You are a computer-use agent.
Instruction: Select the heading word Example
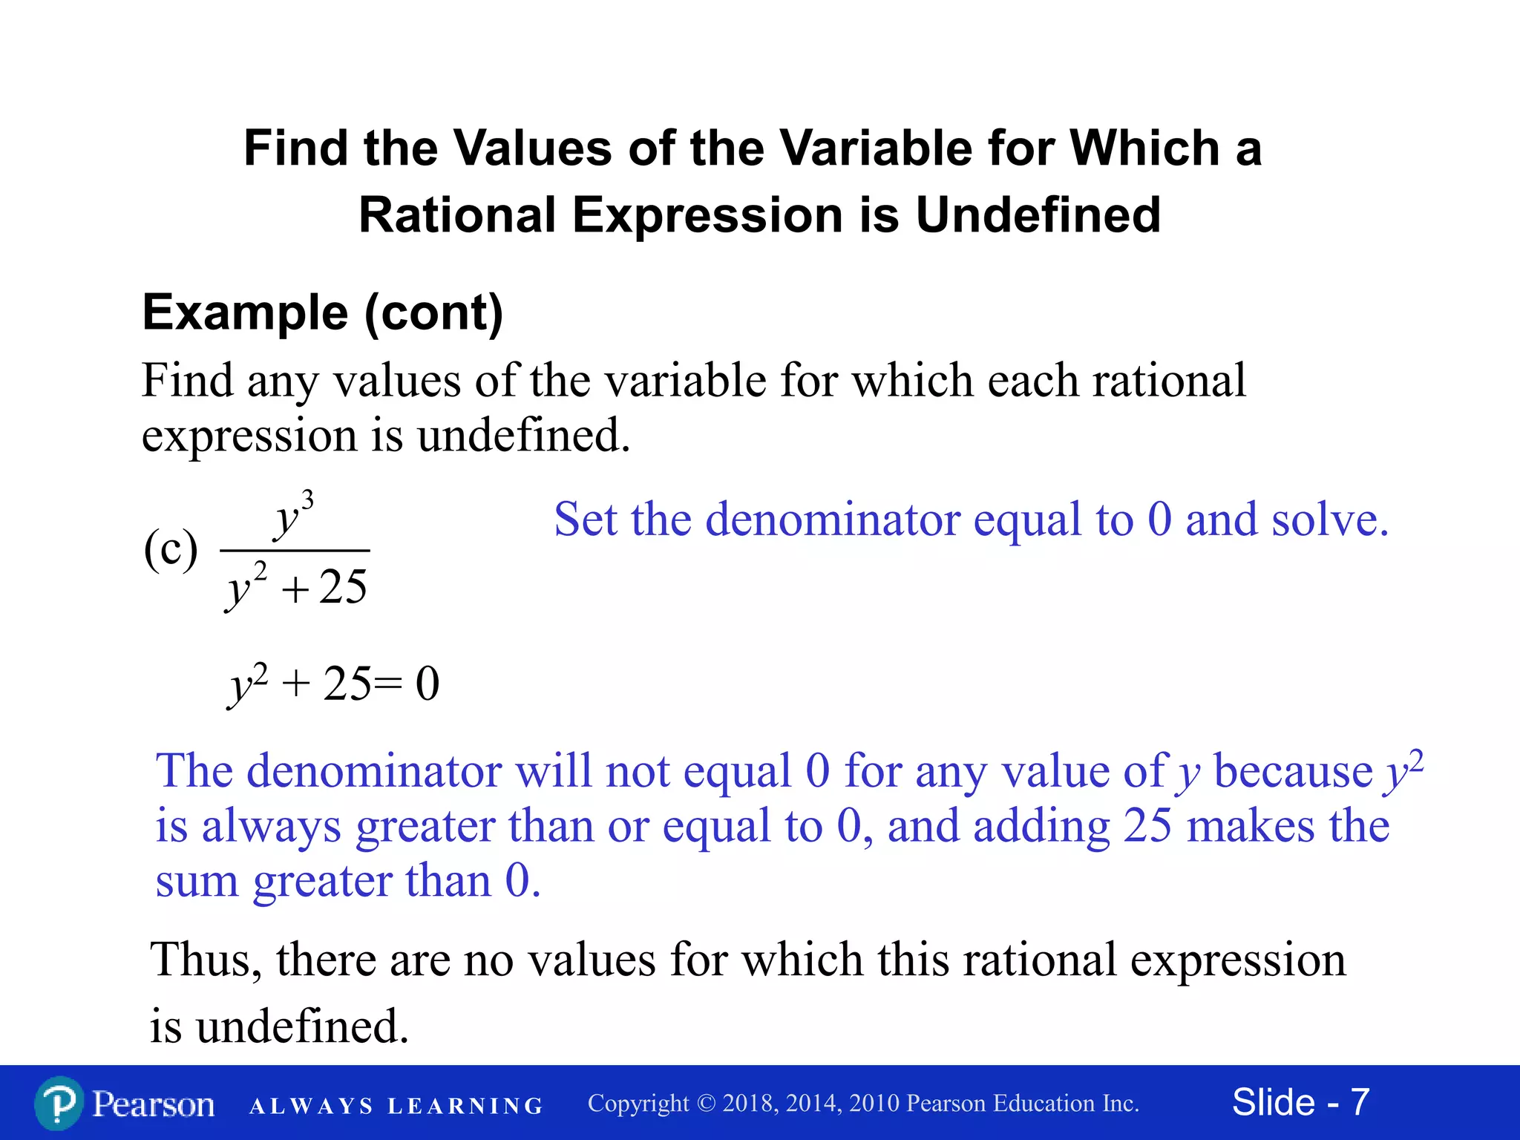(245, 312)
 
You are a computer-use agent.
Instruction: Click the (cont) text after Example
(433, 314)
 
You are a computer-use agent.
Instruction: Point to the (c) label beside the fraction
(171, 549)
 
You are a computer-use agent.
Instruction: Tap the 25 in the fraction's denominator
(343, 587)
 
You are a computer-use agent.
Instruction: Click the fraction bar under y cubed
(295, 551)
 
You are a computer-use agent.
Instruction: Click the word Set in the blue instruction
(586, 519)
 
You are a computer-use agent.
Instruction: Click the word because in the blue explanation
(1293, 772)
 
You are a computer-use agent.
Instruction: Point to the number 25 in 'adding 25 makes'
(1147, 826)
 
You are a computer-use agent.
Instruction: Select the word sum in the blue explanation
(197, 882)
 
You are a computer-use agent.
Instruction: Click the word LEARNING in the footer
(465, 1107)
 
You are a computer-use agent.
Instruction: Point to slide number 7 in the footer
(1360, 1102)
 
